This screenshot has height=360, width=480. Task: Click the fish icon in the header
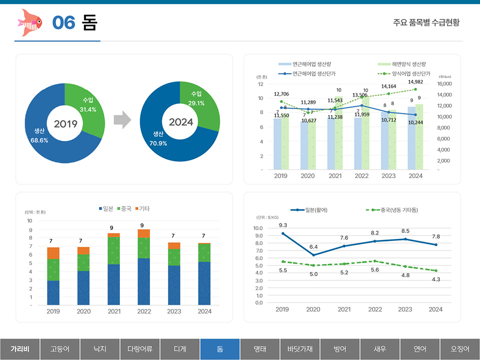click(30, 22)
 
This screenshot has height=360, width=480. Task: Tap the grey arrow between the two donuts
click(122, 121)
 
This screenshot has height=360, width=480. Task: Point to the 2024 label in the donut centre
click(180, 122)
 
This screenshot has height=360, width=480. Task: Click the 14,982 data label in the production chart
click(415, 81)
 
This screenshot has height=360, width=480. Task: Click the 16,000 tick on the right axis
click(444, 83)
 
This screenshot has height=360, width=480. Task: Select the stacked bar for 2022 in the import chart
click(143, 267)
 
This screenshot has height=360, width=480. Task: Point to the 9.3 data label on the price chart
click(283, 225)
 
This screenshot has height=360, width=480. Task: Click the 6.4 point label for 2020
click(313, 246)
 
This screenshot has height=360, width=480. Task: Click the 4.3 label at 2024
click(435, 279)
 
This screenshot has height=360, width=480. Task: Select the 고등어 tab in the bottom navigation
click(60, 349)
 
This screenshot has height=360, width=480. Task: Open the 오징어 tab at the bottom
click(460, 349)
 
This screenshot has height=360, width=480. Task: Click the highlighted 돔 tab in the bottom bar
click(220, 349)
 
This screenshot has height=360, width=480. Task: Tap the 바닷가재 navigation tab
click(300, 349)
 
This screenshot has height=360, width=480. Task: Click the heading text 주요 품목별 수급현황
click(426, 22)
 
